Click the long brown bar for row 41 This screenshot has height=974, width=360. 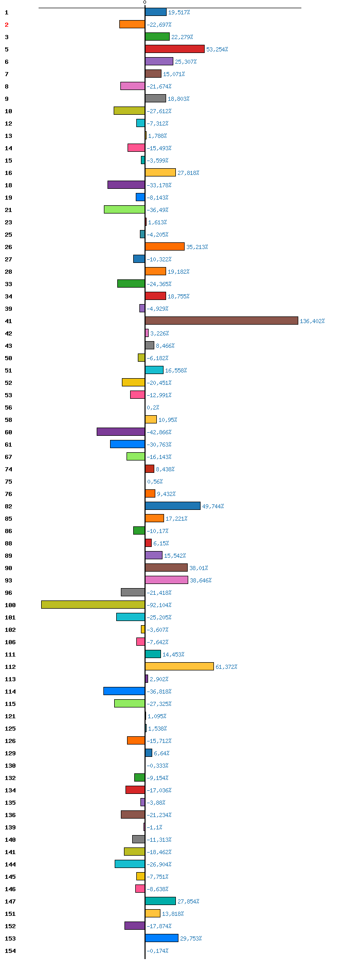[x=222, y=321]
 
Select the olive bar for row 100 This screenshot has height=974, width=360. [x=93, y=605]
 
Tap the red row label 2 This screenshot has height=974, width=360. [x=7, y=25]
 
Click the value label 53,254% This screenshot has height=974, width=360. [x=217, y=49]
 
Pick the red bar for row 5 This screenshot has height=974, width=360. [x=175, y=49]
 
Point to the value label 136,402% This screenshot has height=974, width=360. [x=312, y=321]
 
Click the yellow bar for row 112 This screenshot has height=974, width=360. [x=179, y=666]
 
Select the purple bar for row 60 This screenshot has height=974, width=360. [x=121, y=432]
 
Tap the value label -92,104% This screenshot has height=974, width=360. [x=159, y=605]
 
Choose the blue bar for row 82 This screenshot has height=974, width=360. [x=173, y=506]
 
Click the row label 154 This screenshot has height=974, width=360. [x=10, y=951]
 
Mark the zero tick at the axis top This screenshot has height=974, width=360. [x=145, y=3]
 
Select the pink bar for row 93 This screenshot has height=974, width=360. [x=167, y=580]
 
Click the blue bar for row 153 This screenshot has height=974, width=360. [x=161, y=938]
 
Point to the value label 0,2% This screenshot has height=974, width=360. [x=153, y=408]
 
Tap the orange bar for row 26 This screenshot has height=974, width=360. [x=165, y=246]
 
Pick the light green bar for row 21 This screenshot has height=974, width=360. [x=124, y=209]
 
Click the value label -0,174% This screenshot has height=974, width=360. [x=157, y=951]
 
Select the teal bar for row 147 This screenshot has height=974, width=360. [x=160, y=901]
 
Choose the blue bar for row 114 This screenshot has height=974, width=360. [x=124, y=691]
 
